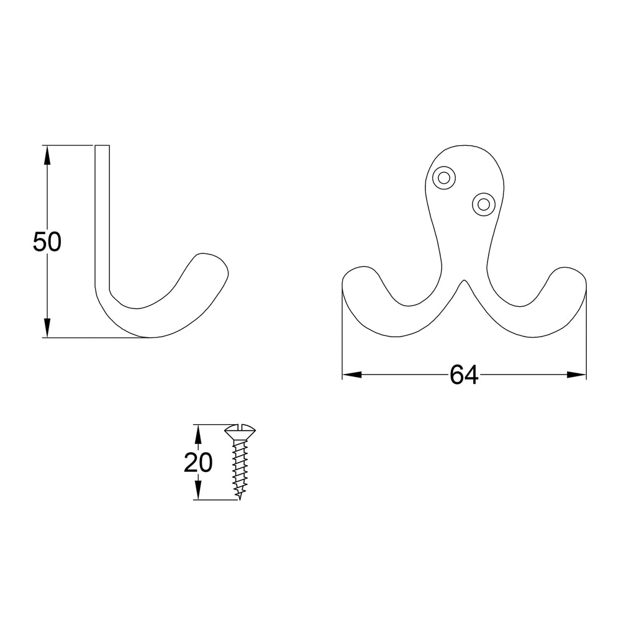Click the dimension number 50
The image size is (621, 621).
coord(47,242)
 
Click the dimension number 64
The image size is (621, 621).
coord(464,375)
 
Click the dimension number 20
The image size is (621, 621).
coord(198,463)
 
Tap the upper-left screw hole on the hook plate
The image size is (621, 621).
coord(443,178)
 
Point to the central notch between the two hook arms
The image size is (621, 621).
coord(464,284)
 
